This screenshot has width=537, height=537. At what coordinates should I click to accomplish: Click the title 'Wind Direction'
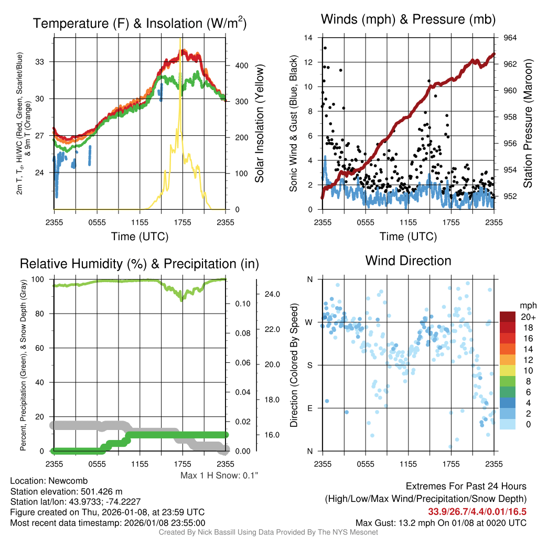click(x=408, y=260)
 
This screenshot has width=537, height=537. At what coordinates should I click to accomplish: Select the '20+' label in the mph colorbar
click(x=527, y=317)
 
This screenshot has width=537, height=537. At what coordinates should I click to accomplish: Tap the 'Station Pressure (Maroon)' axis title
click(x=528, y=123)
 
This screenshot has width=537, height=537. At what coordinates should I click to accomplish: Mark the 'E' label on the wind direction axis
click(x=309, y=408)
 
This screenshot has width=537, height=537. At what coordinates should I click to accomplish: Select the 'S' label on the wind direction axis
click(x=309, y=365)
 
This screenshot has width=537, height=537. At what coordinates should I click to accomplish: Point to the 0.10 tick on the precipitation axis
click(x=242, y=304)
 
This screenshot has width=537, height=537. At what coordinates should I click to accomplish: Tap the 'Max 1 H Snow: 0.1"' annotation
click(x=219, y=476)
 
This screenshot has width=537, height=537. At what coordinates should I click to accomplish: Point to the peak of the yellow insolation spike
click(x=180, y=39)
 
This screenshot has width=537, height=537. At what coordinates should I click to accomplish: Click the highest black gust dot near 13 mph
click(x=325, y=48)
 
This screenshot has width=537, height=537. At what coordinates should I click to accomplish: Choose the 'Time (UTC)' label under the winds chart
click(x=408, y=237)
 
